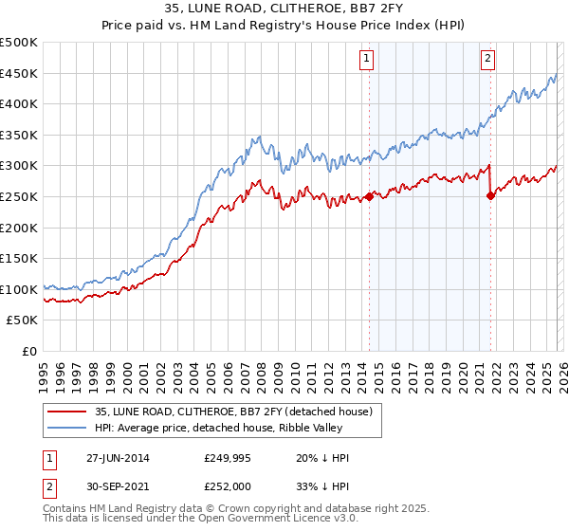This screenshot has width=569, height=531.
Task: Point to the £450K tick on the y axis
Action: (x=19, y=74)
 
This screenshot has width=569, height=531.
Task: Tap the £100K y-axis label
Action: (x=19, y=289)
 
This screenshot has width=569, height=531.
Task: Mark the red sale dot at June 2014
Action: (x=369, y=197)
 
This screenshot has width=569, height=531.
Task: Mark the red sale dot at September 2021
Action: (x=490, y=196)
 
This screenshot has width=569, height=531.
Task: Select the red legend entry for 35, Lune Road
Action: (x=237, y=412)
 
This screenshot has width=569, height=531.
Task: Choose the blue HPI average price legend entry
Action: (x=237, y=428)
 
